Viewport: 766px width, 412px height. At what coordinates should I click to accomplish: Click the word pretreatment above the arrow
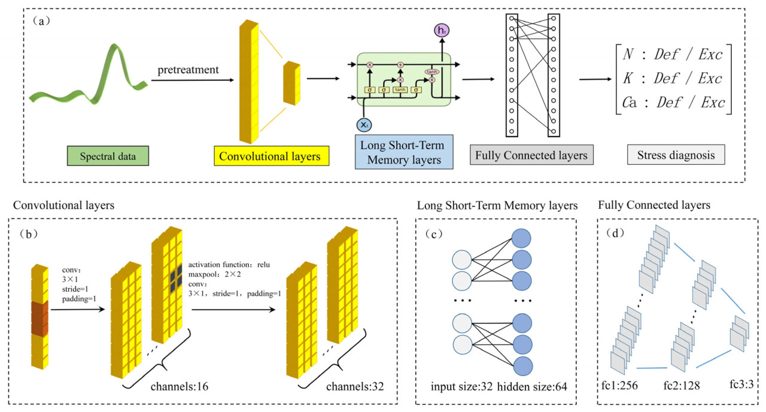point(188,71)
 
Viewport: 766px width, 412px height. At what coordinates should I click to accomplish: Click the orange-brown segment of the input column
point(40,317)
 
